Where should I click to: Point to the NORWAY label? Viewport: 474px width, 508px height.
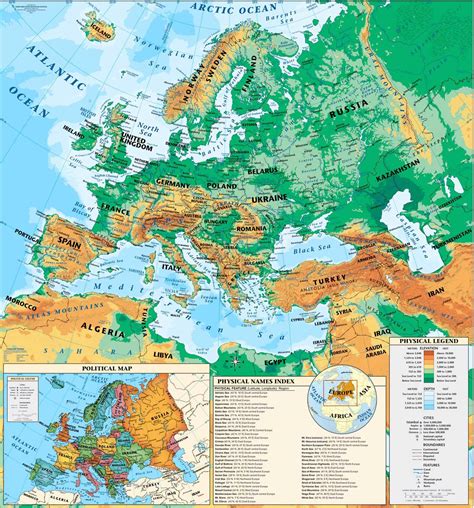pyautogui.click(x=206, y=85)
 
